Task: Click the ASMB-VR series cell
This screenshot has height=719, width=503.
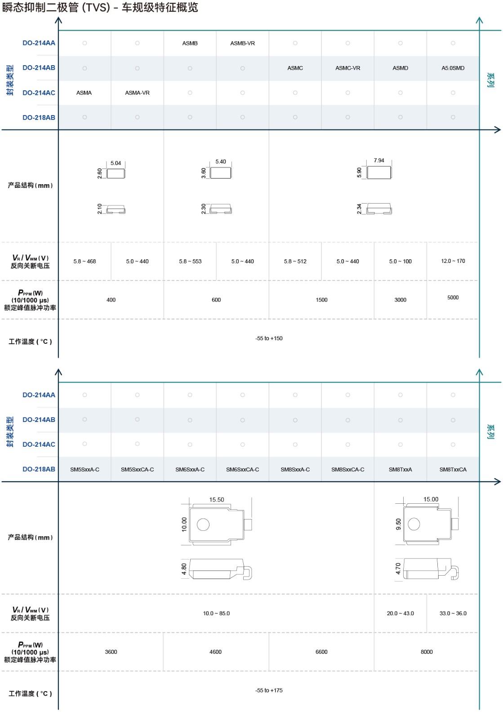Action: (x=242, y=44)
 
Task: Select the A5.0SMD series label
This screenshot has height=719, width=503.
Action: (x=453, y=68)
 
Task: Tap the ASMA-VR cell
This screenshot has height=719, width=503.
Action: (x=137, y=93)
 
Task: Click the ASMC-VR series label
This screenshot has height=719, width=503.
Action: (x=347, y=68)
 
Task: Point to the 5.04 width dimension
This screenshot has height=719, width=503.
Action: (x=116, y=164)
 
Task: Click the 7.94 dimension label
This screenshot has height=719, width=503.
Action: (x=378, y=160)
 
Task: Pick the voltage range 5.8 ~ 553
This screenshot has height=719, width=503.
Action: (x=190, y=262)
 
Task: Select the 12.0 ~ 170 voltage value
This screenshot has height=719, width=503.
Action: (x=453, y=261)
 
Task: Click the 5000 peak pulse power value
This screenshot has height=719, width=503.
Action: (x=453, y=297)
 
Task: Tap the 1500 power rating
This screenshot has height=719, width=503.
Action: (x=321, y=300)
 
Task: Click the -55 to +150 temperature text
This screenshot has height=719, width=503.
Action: (x=269, y=338)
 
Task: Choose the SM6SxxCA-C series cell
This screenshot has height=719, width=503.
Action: (x=242, y=470)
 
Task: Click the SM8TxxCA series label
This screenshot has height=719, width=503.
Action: (x=453, y=470)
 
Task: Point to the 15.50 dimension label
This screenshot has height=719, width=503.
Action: (x=216, y=500)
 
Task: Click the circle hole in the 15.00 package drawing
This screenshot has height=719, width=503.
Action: (x=414, y=524)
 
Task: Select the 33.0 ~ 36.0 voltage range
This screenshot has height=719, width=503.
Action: (x=453, y=613)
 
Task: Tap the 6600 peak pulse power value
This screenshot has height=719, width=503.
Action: (x=321, y=652)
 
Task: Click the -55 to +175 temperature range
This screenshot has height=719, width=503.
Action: (x=269, y=690)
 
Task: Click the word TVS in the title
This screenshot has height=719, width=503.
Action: (x=96, y=8)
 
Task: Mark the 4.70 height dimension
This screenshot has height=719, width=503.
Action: (x=398, y=569)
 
